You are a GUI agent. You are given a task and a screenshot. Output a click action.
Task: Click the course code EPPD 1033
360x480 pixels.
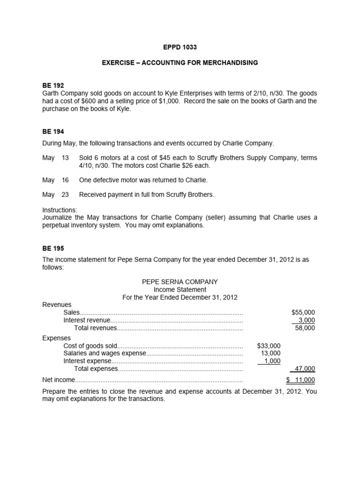180,48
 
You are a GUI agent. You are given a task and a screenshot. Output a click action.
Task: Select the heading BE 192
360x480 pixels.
53,85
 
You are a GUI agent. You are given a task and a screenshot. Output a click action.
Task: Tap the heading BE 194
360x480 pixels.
53,132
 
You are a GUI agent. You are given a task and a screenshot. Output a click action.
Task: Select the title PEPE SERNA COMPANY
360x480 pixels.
180,282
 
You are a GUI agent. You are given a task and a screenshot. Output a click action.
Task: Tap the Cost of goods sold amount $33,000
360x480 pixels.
269,345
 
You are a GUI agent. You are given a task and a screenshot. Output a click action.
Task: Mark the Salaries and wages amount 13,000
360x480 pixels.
270,353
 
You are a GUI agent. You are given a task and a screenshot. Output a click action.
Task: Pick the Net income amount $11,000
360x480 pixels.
301,380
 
